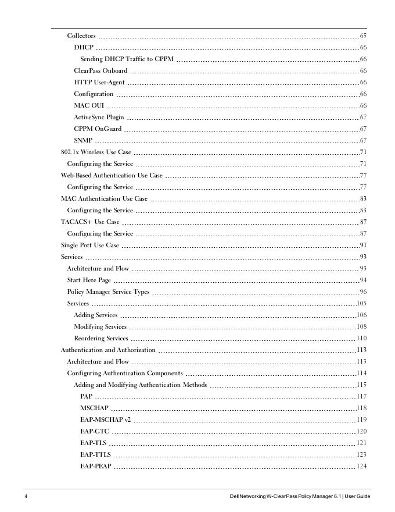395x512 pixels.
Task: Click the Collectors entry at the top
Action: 81,36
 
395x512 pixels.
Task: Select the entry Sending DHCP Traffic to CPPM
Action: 127,59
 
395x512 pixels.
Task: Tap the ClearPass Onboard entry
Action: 100,71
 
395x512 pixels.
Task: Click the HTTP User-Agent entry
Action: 99,83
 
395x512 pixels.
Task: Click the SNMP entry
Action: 83,141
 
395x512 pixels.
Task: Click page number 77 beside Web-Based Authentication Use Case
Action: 362,176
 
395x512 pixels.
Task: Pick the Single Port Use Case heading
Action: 90,246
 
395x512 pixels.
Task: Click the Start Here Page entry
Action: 89,280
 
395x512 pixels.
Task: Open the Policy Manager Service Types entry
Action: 108,292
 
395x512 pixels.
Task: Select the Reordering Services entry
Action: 101,339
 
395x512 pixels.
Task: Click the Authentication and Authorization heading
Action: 108,350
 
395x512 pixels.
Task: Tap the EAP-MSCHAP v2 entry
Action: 106,420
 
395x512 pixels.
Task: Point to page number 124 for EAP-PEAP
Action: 361,467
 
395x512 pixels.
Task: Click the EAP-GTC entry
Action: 95,432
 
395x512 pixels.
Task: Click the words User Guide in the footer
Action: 357,496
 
